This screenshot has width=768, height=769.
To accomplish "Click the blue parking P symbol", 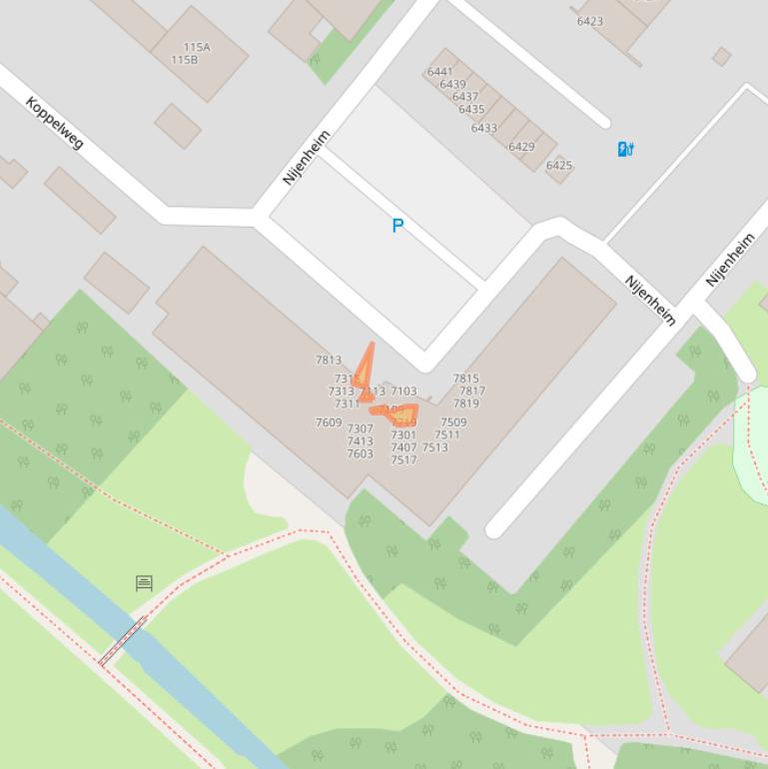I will [x=397, y=226].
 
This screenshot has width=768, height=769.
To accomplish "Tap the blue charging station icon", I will [x=626, y=149].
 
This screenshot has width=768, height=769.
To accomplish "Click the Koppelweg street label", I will [x=54, y=122].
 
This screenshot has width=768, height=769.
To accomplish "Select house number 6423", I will [x=589, y=21].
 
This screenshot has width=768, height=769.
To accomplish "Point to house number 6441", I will [x=439, y=72].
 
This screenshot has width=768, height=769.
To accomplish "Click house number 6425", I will [x=559, y=165].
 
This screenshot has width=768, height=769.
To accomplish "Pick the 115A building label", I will [x=197, y=47].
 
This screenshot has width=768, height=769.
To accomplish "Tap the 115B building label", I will [x=184, y=60].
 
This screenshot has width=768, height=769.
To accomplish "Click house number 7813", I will [x=329, y=361].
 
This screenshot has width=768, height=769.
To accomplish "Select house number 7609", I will [x=329, y=422].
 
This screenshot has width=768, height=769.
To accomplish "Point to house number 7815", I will [x=465, y=380].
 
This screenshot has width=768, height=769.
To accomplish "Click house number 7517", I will [x=403, y=460].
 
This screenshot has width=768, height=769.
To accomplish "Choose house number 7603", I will [x=360, y=454].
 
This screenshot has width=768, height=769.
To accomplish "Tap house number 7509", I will [x=453, y=422].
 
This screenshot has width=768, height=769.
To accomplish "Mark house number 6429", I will [x=521, y=147].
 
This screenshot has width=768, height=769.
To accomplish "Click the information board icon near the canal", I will [x=144, y=582].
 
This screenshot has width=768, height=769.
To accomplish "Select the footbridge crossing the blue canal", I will [x=122, y=641].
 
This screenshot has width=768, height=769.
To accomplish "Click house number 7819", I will [x=465, y=403].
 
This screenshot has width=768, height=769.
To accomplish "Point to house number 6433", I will [x=483, y=128].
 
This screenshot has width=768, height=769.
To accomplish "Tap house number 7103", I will [x=403, y=391].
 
